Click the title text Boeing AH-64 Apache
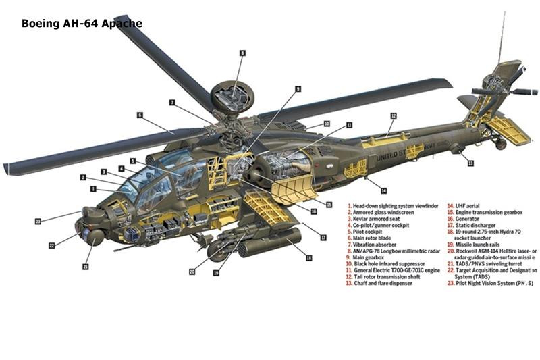[82, 24]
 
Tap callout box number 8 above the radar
[242, 52]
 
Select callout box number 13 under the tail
[470, 163]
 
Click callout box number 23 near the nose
[38, 221]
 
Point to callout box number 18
[308, 258]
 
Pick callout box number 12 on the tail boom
[393, 116]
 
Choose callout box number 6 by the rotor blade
[140, 115]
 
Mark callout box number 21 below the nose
[86, 267]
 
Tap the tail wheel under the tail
[501, 144]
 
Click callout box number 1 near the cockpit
[92, 189]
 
